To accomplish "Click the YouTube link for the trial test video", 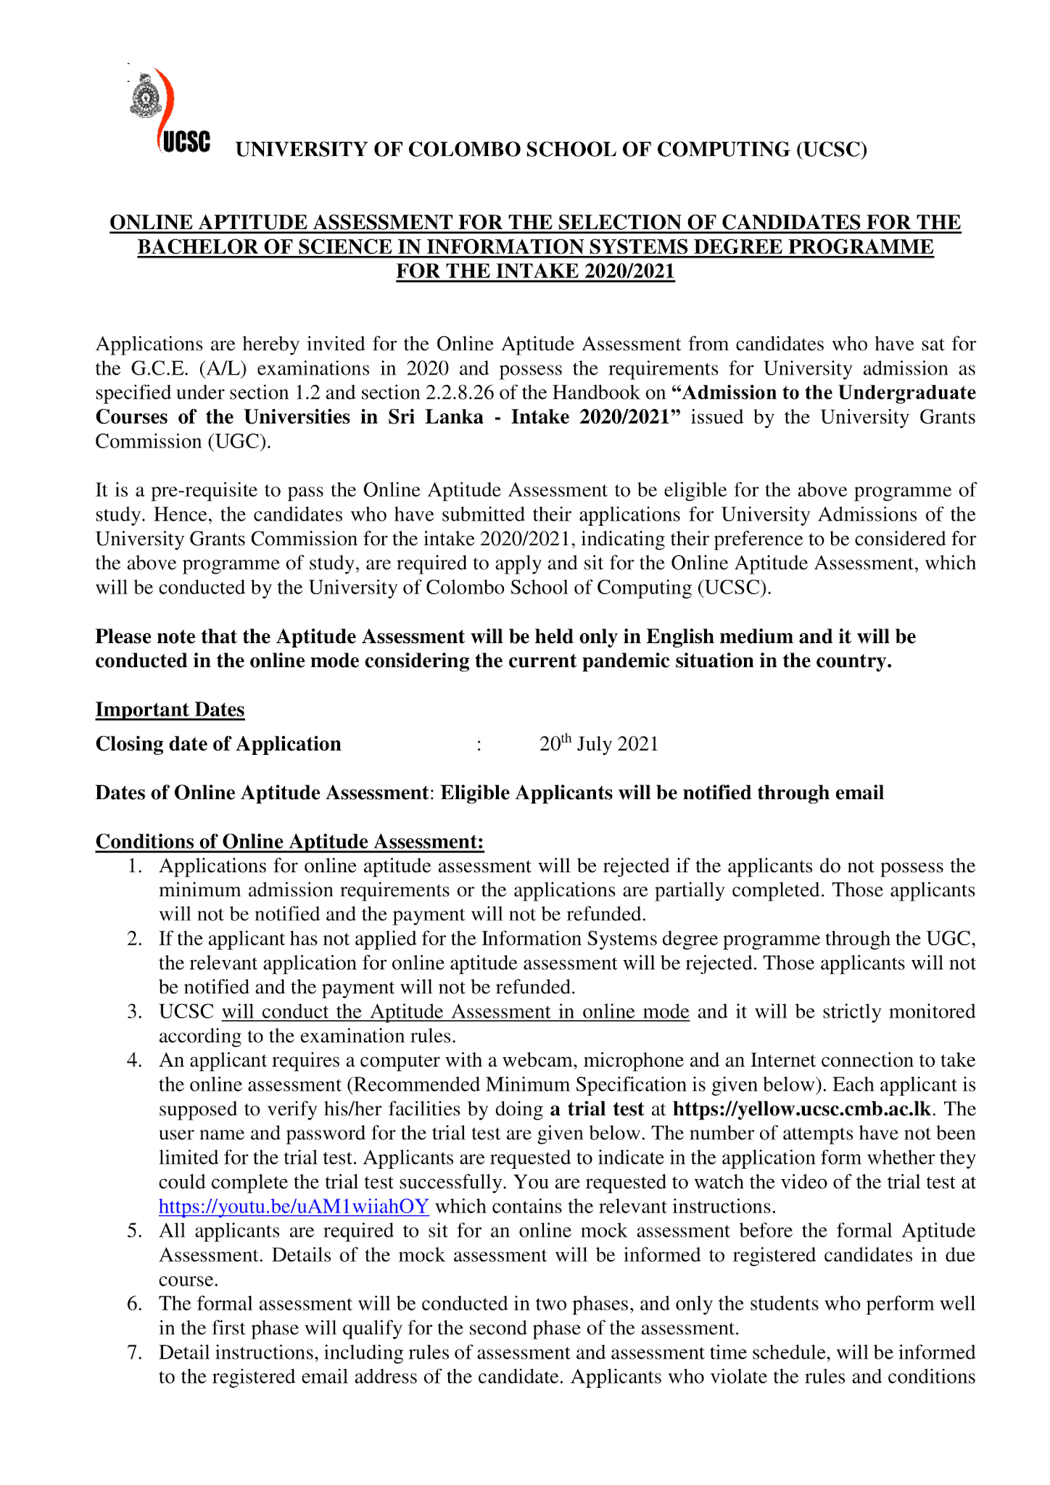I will [294, 1207].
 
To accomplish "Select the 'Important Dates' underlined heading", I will [170, 710].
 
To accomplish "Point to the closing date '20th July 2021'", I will [598, 744].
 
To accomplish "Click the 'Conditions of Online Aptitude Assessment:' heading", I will [289, 842].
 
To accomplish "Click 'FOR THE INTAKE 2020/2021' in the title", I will [535, 271].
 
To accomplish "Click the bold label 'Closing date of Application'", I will [218, 744].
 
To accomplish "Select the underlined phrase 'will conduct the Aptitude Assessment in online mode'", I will [455, 1012].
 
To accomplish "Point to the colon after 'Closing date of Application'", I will [479, 745].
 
